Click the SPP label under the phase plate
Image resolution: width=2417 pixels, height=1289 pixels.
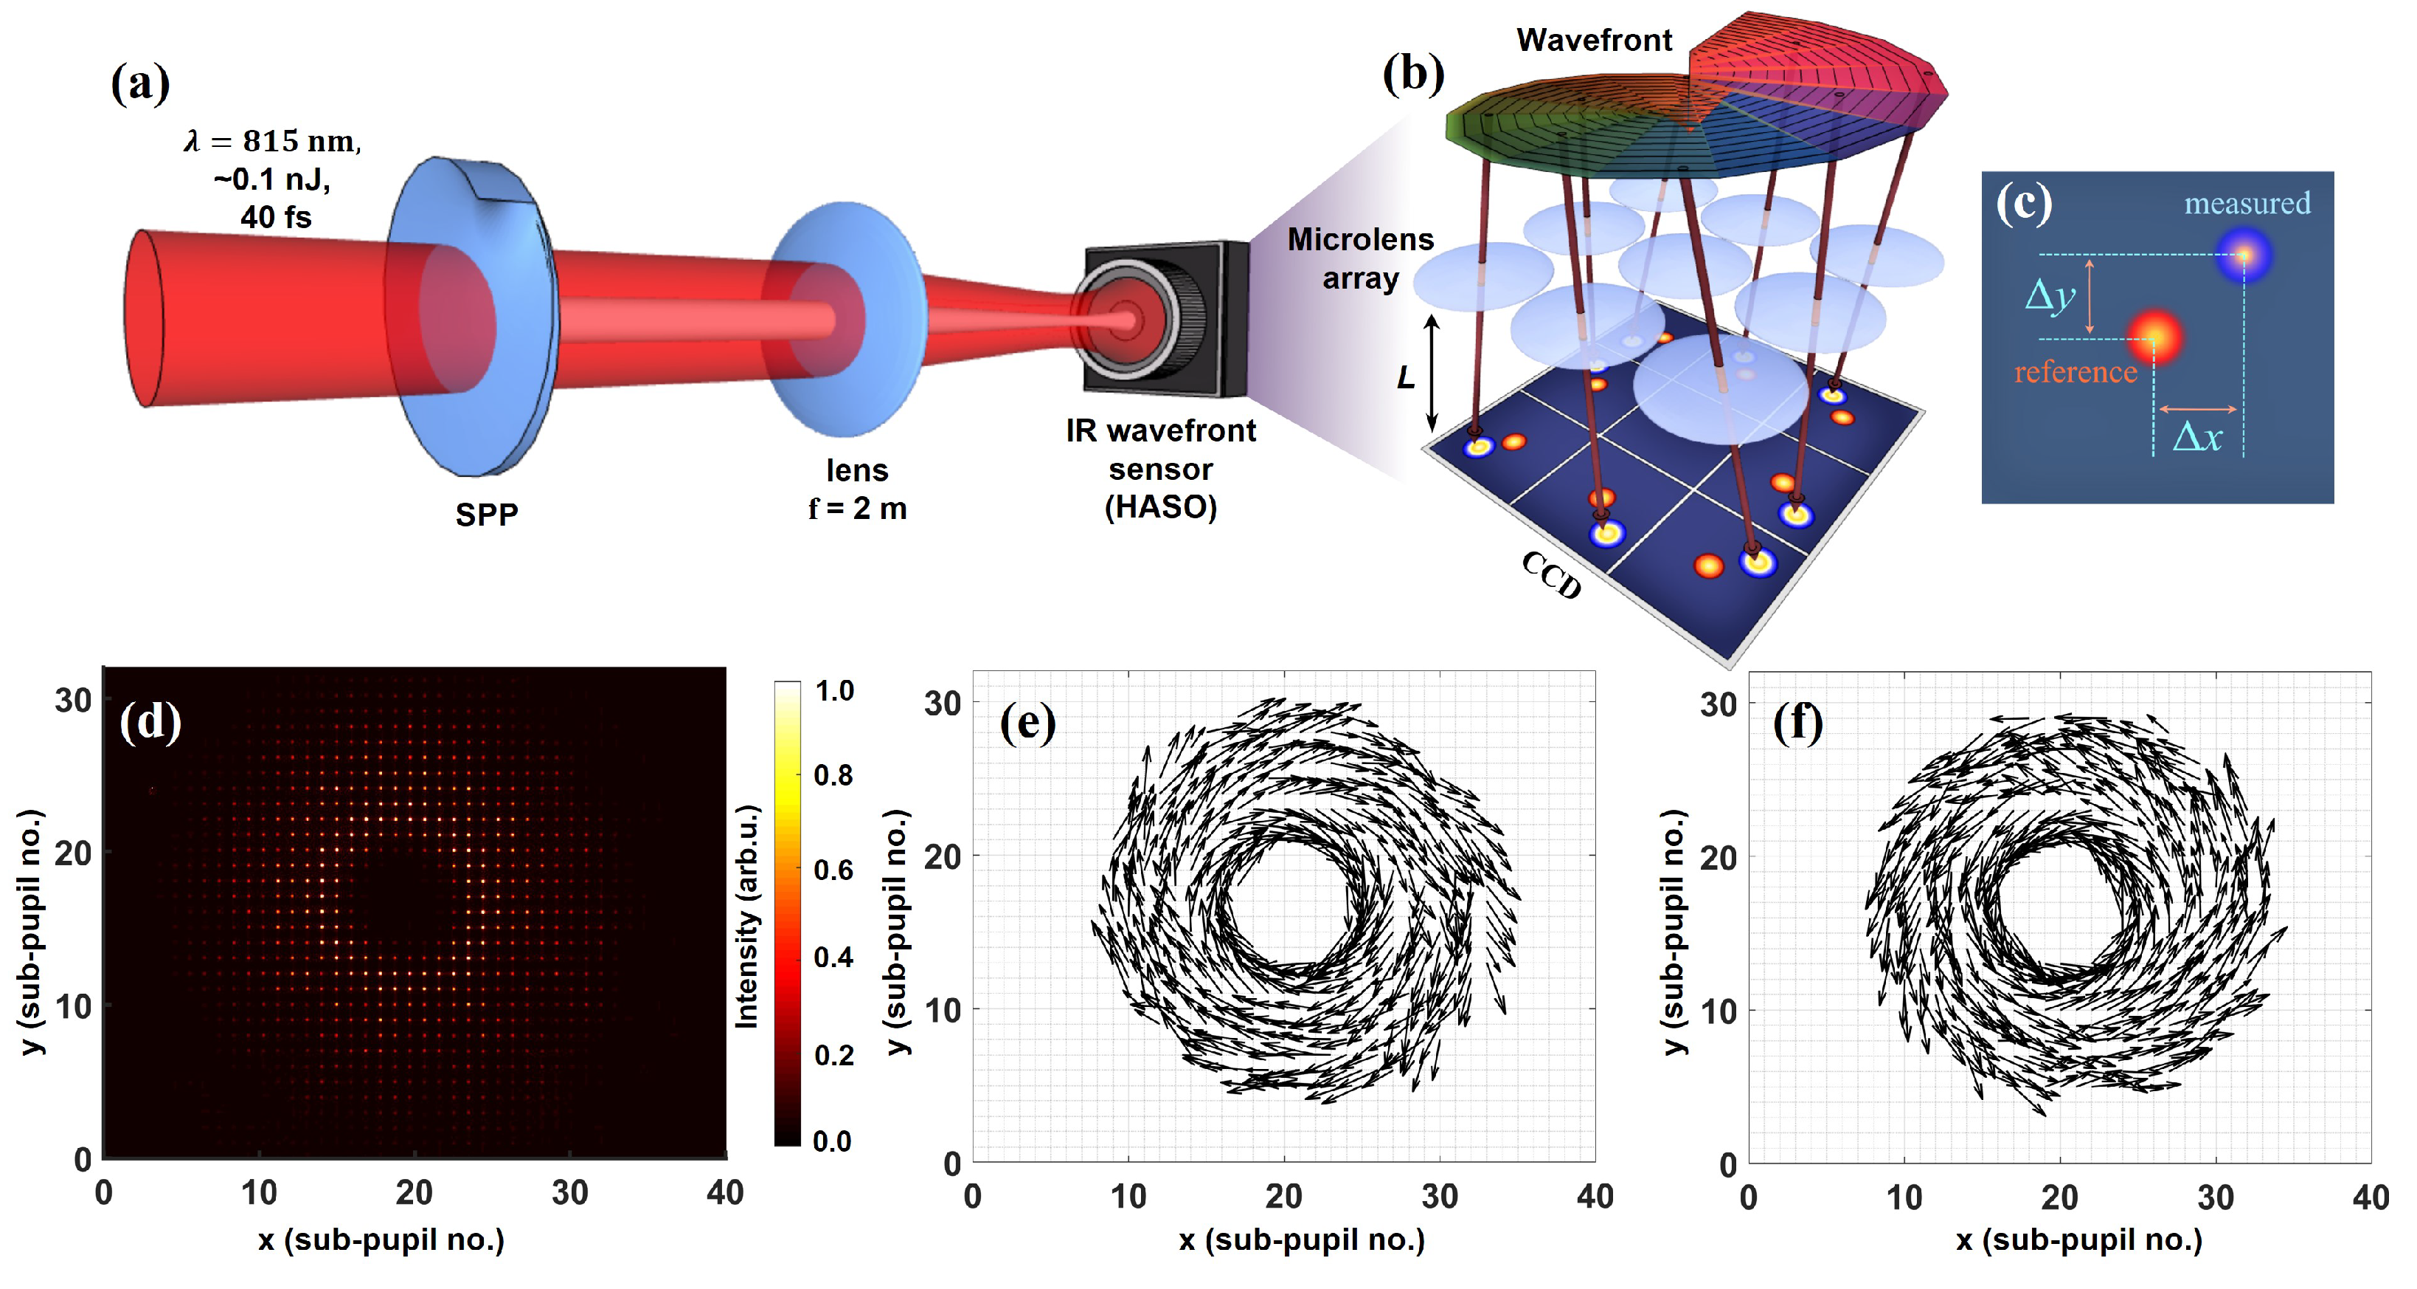tap(486, 515)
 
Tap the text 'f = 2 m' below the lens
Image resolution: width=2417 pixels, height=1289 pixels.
tap(856, 509)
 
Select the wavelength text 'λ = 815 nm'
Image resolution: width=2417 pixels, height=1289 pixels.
tap(272, 141)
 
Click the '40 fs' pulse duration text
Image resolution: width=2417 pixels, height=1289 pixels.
tap(275, 217)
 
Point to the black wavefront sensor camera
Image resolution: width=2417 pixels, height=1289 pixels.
tap(1163, 319)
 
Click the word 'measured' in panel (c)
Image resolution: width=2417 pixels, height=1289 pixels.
tap(2246, 203)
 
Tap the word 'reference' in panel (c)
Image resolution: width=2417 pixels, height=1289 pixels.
tap(2075, 372)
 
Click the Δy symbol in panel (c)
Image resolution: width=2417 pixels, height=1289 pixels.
tap(2049, 296)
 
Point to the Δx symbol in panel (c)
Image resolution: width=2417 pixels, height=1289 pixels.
tap(2197, 436)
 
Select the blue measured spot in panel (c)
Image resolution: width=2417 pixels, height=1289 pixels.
tap(2244, 255)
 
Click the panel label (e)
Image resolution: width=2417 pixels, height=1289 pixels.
tap(1027, 723)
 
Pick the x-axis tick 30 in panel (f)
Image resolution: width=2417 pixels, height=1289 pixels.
tap(2214, 1198)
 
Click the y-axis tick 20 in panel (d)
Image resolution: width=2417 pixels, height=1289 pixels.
tap(72, 853)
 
